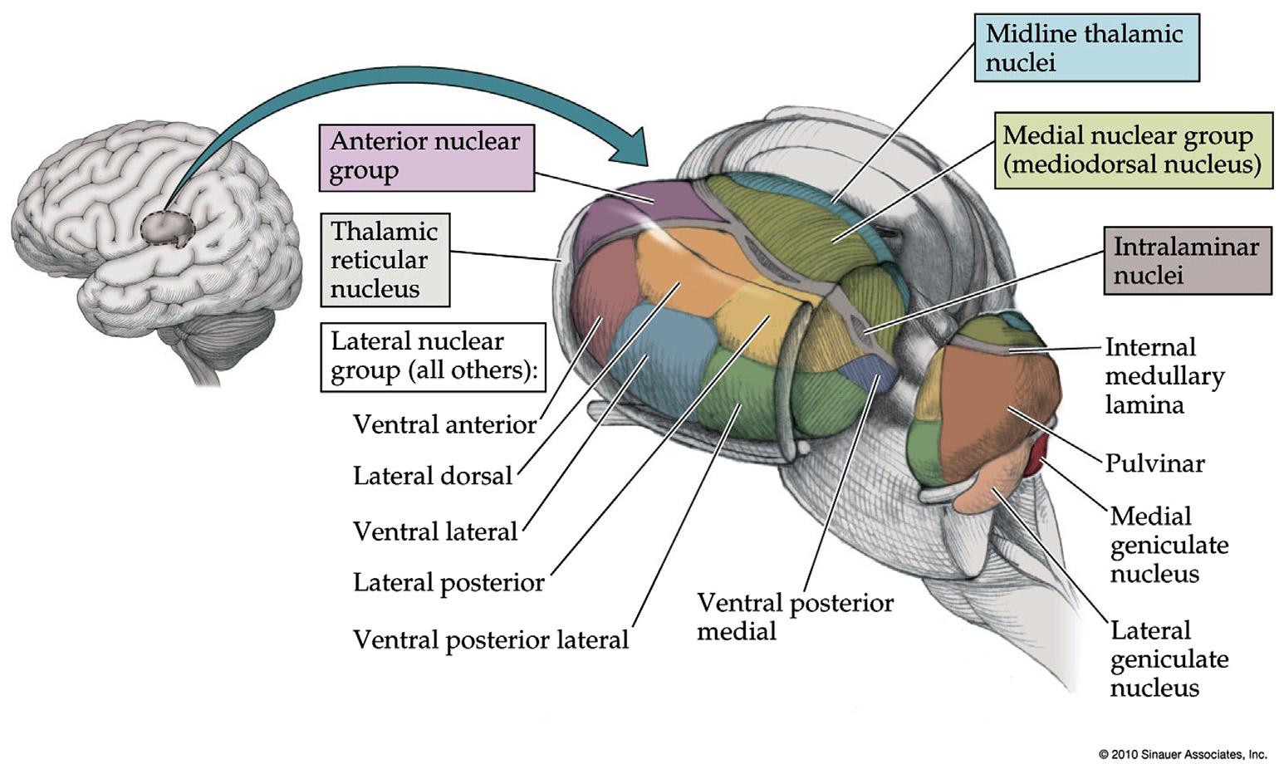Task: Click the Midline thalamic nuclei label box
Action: click(x=1086, y=47)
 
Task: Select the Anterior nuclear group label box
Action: click(x=426, y=157)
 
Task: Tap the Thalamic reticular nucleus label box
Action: click(x=385, y=260)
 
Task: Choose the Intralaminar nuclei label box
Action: click(x=1187, y=260)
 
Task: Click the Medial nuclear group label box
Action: click(x=1132, y=149)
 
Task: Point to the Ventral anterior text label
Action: click(x=444, y=424)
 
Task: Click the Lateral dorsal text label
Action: click(x=433, y=476)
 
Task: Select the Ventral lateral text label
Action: click(x=435, y=531)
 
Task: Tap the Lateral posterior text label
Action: click(x=448, y=583)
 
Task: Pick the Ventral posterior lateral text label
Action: click(x=491, y=639)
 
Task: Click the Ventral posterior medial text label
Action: click(x=795, y=616)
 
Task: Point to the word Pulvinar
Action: click(x=1154, y=463)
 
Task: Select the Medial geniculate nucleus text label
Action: click(x=1169, y=545)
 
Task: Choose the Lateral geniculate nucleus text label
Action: click(x=1169, y=659)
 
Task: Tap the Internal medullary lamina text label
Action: click(x=1164, y=375)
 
